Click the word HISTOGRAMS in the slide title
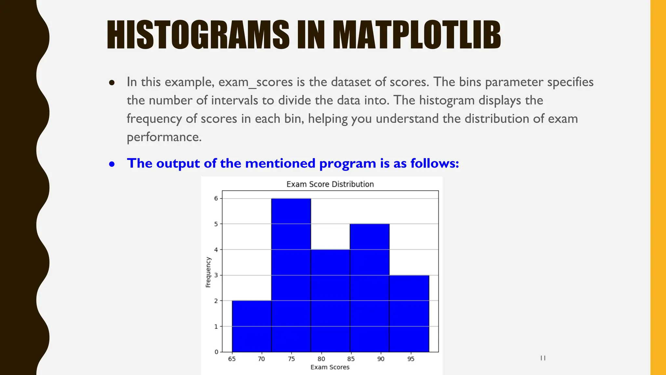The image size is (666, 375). click(198, 35)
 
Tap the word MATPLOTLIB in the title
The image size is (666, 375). click(417, 35)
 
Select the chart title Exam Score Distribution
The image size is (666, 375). click(330, 184)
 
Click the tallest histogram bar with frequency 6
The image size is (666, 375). click(291, 275)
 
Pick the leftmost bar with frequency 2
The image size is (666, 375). click(251, 326)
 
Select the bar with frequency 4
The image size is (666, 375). click(330, 300)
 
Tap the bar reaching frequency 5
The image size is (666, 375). click(369, 288)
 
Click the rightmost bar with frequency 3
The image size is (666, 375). click(409, 313)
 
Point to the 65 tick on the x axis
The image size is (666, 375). click(232, 359)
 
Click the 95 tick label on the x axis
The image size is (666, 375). click(411, 359)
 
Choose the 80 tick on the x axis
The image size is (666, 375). click(321, 359)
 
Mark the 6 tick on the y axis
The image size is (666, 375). click(216, 198)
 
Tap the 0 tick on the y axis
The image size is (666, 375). click(216, 352)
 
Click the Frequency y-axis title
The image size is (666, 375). click(208, 272)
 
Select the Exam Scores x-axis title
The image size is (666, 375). click(330, 367)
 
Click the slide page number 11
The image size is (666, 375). click(543, 358)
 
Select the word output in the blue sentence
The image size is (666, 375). click(178, 163)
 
